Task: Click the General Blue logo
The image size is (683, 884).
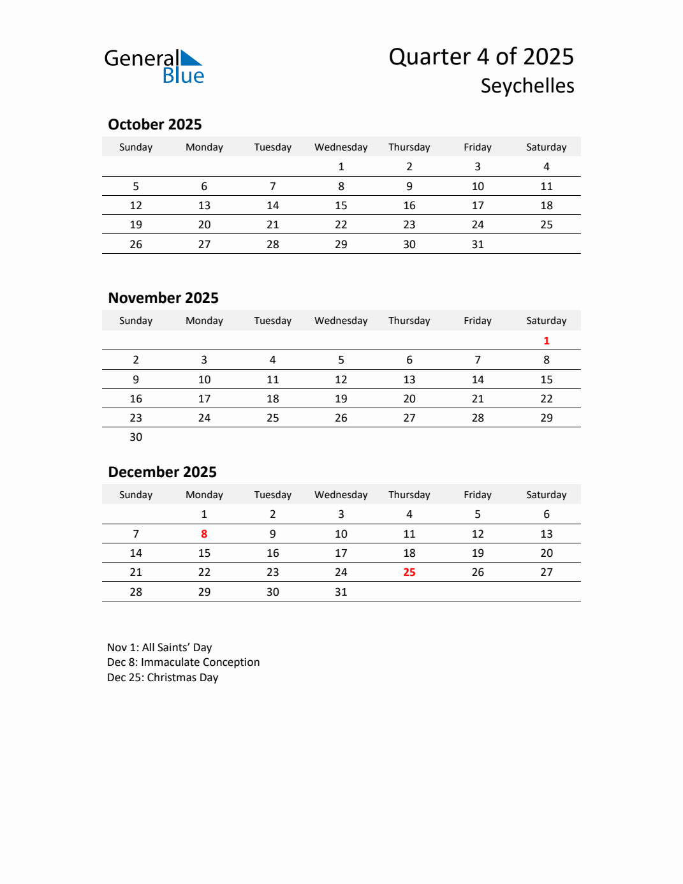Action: click(154, 66)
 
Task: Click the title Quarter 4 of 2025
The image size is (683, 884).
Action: click(481, 57)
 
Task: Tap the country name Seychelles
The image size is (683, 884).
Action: click(527, 86)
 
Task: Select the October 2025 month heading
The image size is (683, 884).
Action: click(155, 124)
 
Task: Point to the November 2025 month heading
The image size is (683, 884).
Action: click(163, 298)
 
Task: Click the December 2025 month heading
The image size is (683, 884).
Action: click(163, 472)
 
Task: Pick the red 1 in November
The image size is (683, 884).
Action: click(547, 341)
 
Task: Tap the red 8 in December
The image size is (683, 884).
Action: click(204, 534)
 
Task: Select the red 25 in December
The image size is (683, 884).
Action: click(409, 572)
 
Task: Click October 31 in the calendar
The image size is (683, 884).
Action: click(478, 244)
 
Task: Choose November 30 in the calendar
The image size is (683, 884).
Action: click(136, 437)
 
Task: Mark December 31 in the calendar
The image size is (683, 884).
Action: click(341, 592)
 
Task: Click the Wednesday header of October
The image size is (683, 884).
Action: click(341, 147)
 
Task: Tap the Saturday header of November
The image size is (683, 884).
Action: click(547, 321)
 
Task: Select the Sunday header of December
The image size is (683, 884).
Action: click(136, 495)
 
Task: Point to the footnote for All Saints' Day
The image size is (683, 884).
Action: click(159, 647)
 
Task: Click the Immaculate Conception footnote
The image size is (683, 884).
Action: click(184, 662)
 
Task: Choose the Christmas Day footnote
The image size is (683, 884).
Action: click(163, 677)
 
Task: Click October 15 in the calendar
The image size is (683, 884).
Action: click(341, 205)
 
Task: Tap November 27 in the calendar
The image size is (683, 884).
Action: click(409, 418)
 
